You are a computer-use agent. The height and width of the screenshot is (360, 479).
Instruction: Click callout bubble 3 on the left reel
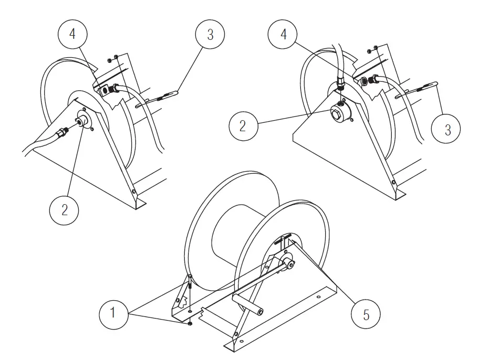210,36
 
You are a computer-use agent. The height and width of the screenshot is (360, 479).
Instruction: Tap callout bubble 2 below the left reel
64,209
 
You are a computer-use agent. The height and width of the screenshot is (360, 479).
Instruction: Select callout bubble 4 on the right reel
284,36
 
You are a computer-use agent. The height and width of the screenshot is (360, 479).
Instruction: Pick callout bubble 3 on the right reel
447,129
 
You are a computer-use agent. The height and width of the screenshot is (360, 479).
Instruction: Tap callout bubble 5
366,315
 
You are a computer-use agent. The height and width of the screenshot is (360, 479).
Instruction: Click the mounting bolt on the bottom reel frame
189,285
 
